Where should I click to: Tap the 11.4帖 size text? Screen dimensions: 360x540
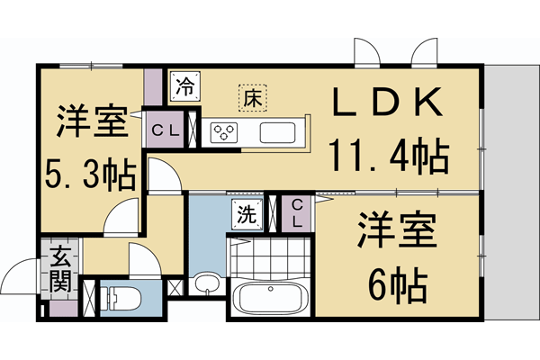point(390,157)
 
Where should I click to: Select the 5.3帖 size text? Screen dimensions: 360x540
point(89,172)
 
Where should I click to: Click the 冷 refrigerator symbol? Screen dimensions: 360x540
point(184,88)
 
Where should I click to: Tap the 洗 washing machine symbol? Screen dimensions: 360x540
point(246,214)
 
